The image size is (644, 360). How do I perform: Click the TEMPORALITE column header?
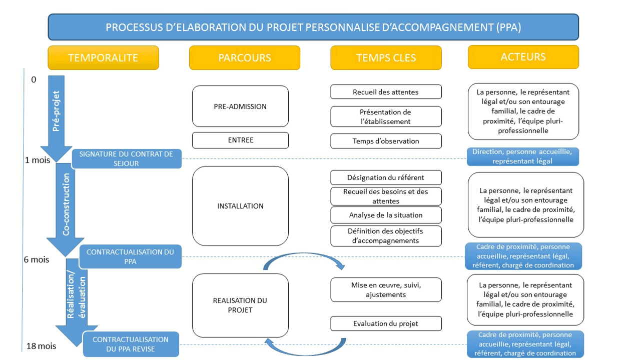coord(103,57)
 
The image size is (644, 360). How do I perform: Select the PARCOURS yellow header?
coord(245,57)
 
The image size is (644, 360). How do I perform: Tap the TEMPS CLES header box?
coord(386,57)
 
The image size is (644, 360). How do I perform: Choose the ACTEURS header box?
coord(523,57)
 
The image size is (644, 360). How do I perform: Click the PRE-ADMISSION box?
coord(240,106)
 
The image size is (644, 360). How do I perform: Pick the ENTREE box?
coord(240,140)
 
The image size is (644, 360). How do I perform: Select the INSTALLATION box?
coord(240,206)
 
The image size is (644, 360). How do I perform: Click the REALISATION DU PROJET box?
coord(240,305)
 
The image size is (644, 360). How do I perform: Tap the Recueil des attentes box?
coord(386,92)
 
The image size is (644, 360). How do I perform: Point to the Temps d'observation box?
coord(386,141)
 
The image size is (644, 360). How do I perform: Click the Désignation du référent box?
coord(386,177)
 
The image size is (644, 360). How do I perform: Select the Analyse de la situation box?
coord(386,215)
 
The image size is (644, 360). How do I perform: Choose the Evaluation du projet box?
coord(386,323)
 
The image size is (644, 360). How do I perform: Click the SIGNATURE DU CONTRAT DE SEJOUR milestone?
coord(126,158)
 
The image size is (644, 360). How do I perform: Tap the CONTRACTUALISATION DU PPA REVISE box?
coord(131,344)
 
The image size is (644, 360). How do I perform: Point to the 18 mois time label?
coord(41,346)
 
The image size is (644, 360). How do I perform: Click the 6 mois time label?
coord(38,259)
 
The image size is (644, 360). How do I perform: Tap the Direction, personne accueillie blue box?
coord(523,156)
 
